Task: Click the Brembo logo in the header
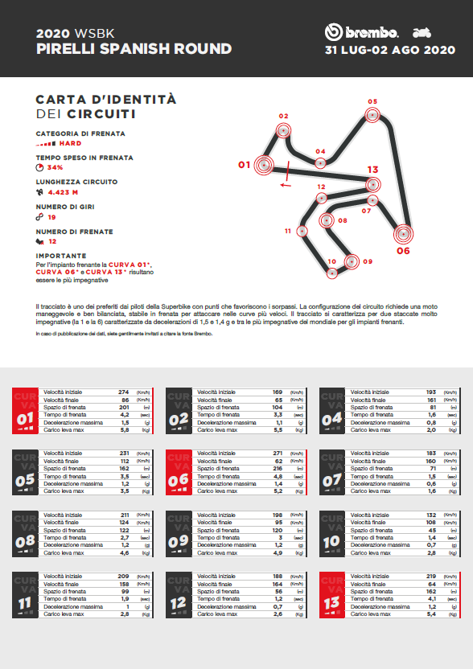tap(362, 32)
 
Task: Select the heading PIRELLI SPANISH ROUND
tap(134, 49)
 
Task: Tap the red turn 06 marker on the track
tap(403, 235)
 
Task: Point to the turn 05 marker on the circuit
tap(372, 115)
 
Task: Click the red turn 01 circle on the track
tap(264, 166)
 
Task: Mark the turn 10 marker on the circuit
tap(331, 273)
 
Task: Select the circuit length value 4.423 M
tap(63, 193)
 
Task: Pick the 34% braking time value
tap(55, 168)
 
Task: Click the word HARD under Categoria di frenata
tap(71, 143)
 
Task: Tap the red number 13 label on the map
tap(372, 170)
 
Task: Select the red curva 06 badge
tap(179, 472)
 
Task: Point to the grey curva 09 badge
tap(179, 534)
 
